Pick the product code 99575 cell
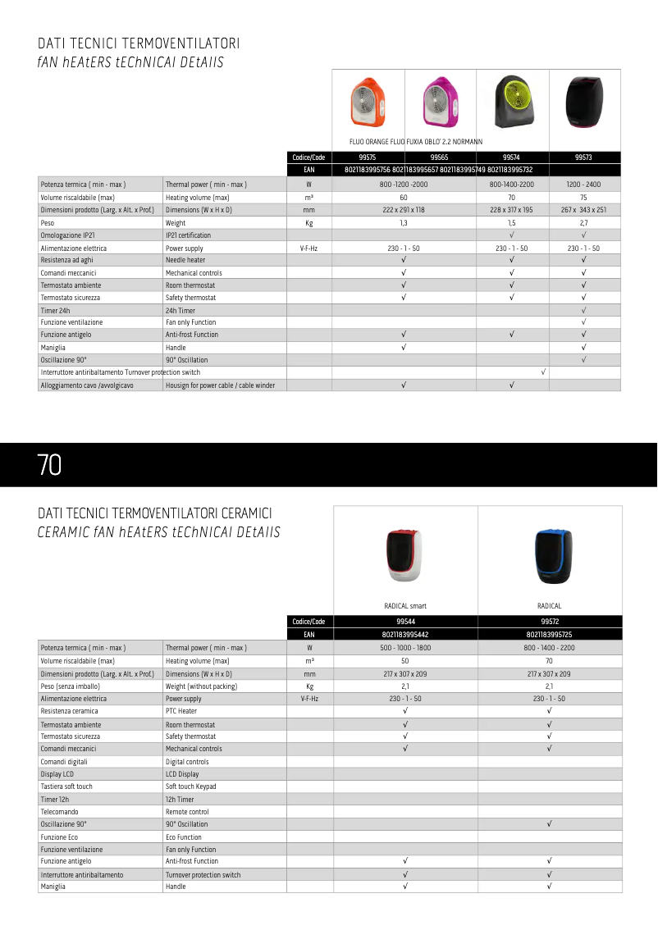(368, 157)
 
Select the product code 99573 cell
(583, 157)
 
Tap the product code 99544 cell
(405, 622)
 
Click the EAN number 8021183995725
(549, 635)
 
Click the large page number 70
(49, 465)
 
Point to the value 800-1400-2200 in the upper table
(511, 185)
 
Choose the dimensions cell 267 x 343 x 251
(583, 210)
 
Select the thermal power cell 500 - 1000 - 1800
(405, 648)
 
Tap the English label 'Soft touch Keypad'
(191, 786)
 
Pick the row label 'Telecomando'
(60, 812)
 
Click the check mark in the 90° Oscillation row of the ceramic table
(549, 823)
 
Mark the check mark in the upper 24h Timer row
(583, 310)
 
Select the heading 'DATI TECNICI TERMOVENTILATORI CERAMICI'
(155, 513)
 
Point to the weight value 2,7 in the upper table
(583, 223)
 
